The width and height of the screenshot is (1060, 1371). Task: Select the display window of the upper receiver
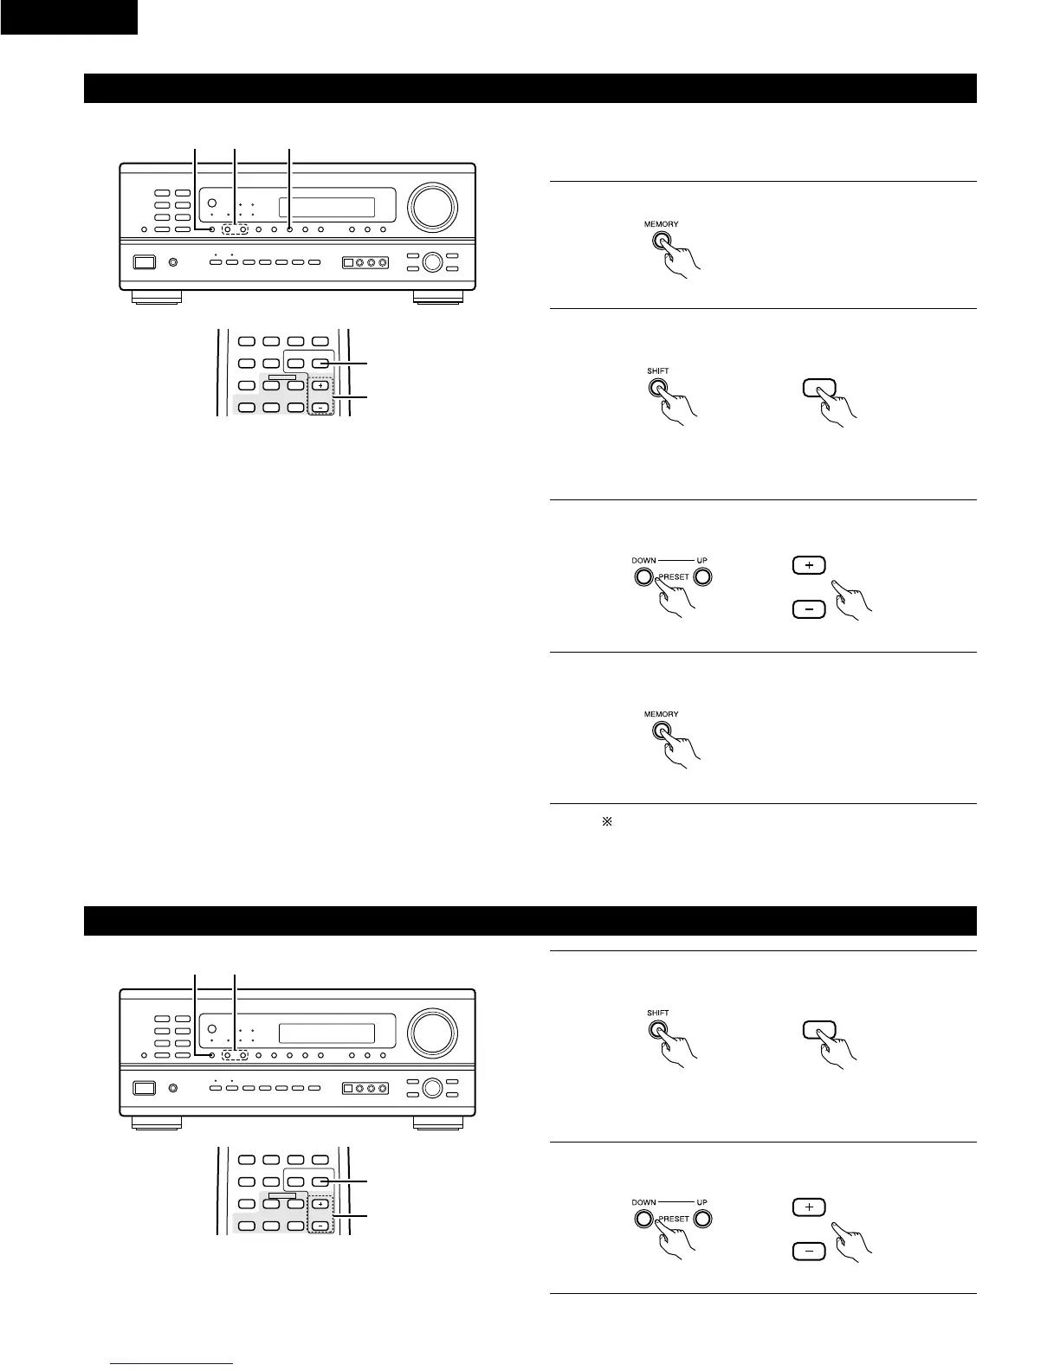pyautogui.click(x=326, y=208)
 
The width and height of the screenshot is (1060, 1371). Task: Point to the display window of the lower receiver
pyautogui.click(x=326, y=1033)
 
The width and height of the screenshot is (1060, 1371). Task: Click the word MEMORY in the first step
pyautogui.click(x=661, y=224)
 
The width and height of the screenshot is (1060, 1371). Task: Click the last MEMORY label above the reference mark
pyautogui.click(x=661, y=714)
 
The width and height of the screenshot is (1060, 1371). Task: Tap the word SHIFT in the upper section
pyautogui.click(x=657, y=370)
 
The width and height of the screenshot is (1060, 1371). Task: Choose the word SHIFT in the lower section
pyautogui.click(x=657, y=1013)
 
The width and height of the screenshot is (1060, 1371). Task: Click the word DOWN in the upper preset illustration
pyautogui.click(x=643, y=560)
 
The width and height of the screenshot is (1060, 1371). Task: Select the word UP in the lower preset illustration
pyautogui.click(x=702, y=1202)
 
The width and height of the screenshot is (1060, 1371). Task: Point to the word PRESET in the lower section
pyautogui.click(x=673, y=1219)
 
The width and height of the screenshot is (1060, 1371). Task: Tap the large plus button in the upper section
pyautogui.click(x=809, y=565)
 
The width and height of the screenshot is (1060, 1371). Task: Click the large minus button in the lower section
pyautogui.click(x=809, y=1251)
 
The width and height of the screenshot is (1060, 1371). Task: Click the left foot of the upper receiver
pyautogui.click(x=157, y=298)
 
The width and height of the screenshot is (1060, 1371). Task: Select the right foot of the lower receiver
pyautogui.click(x=438, y=1123)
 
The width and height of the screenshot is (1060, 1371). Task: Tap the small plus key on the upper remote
pyautogui.click(x=320, y=385)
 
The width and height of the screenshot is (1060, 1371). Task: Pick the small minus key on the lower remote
pyautogui.click(x=320, y=1225)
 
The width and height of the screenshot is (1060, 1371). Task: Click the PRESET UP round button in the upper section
pyautogui.click(x=702, y=577)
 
